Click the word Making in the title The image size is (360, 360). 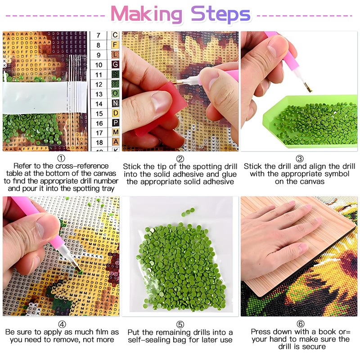147,14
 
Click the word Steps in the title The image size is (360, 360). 220,14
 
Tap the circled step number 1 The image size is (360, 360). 61,158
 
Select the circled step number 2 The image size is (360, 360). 180,159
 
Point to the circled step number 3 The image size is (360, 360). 300,159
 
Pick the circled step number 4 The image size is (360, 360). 62,324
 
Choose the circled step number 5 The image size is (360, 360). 180,324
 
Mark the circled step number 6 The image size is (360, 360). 301,324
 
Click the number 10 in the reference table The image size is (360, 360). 99,65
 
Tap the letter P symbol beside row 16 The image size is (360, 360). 116,122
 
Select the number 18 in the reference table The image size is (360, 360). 99,143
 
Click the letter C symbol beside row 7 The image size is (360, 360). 115,35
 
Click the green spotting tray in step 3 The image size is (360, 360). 310,121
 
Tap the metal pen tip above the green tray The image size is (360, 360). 308,88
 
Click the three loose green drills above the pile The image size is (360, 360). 188,212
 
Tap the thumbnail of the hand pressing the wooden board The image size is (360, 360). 299,256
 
